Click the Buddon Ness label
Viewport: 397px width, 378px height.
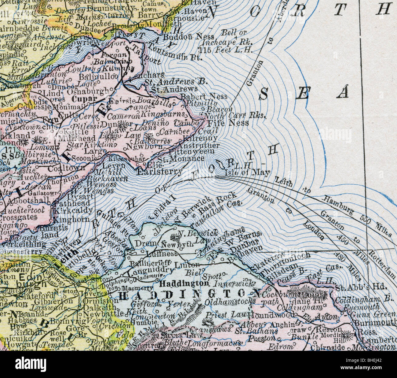tap(184, 37)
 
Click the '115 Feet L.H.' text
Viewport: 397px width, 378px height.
tap(225, 50)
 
